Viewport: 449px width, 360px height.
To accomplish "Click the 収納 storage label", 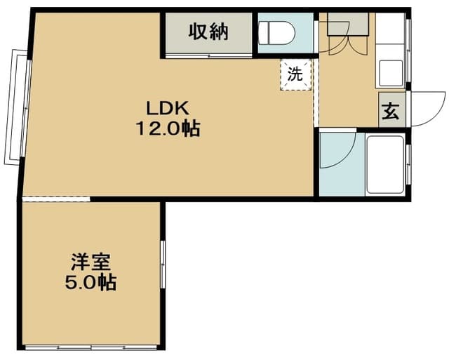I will tap(208, 32).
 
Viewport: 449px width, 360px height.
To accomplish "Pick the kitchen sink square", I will tap(391, 71).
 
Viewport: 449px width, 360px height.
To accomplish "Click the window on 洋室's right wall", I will tap(162, 264).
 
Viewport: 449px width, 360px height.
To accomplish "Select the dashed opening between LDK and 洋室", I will tap(56, 199).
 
